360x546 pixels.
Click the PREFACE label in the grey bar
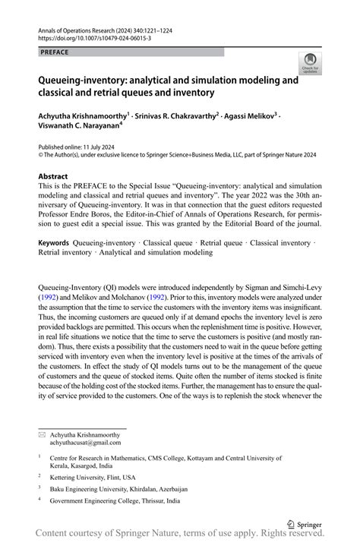(x=55, y=52)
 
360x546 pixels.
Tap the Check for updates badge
(x=311, y=67)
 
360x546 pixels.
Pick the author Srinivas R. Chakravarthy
(x=178, y=115)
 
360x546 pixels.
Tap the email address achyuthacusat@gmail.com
(x=85, y=442)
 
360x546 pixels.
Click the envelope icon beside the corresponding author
(x=43, y=434)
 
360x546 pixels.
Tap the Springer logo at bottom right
(x=304, y=524)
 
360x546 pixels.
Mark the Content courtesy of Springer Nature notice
(x=180, y=537)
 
